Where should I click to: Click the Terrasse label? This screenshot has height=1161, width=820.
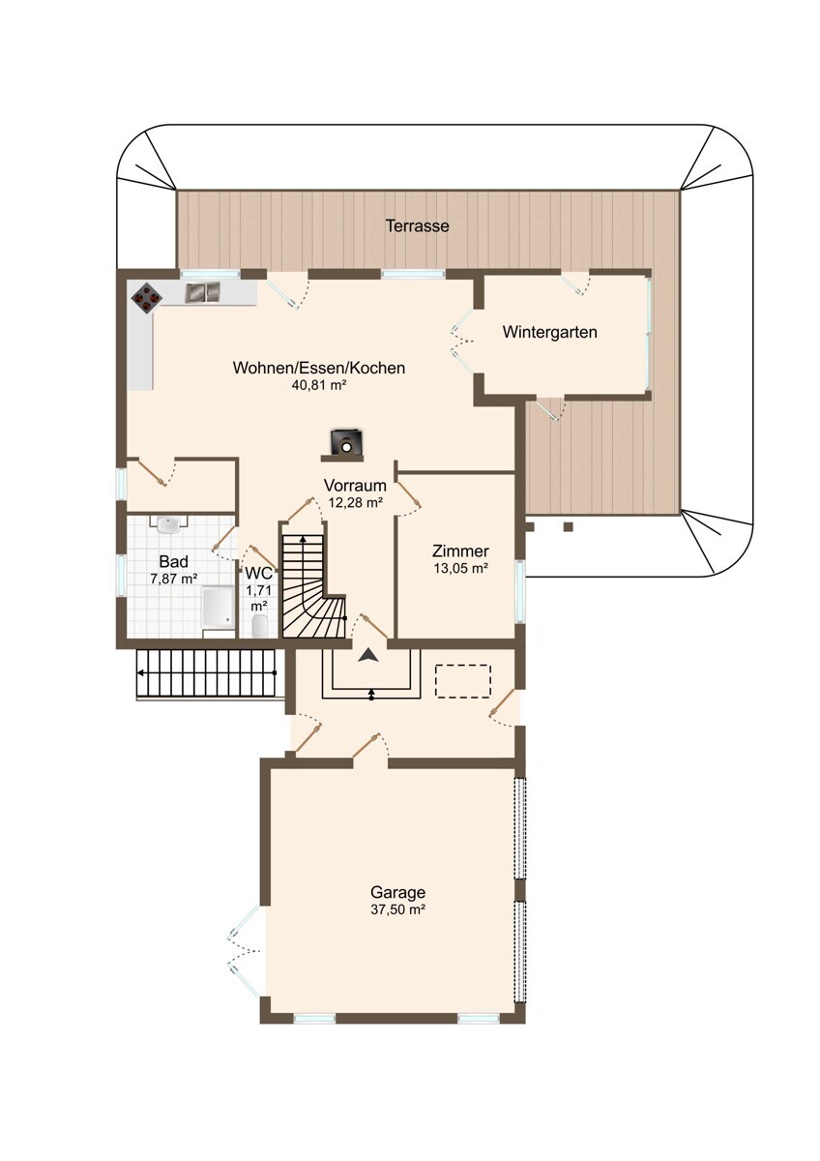[417, 226]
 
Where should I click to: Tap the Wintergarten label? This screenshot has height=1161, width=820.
[549, 332]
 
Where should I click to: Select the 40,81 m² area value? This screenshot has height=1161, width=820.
[318, 385]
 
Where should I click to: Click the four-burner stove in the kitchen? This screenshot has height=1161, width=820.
[147, 298]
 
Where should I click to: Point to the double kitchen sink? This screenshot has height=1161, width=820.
[202, 292]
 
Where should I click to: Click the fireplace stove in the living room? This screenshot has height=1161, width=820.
[346, 442]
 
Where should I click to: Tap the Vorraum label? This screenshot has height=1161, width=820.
[355, 486]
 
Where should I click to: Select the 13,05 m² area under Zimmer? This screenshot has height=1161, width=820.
[461, 568]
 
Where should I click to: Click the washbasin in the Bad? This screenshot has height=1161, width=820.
[168, 524]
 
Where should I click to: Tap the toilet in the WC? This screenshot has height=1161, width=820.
[259, 626]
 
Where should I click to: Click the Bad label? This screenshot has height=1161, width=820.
[173, 561]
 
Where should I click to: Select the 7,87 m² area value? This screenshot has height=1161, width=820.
[173, 579]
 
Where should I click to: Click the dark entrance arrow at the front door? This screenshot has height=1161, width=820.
[367, 655]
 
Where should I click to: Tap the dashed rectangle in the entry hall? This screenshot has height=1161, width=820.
[462, 681]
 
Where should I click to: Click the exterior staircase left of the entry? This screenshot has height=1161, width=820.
[207, 673]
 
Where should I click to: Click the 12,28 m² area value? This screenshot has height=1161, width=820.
[355, 502]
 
